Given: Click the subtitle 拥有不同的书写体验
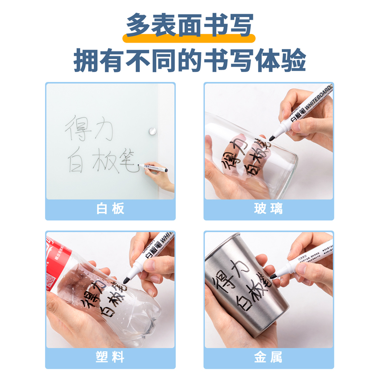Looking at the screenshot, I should tap(189, 61).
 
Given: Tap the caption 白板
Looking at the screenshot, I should tap(110, 209).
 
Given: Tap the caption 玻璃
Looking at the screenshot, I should tap(269, 209).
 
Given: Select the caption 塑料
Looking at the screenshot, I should tap(110, 357).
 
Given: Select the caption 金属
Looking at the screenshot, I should tap(269, 357).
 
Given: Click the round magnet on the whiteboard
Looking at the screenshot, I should tap(152, 131).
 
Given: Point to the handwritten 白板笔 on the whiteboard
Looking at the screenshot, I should tap(102, 161).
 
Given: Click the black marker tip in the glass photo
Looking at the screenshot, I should tap(272, 138).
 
